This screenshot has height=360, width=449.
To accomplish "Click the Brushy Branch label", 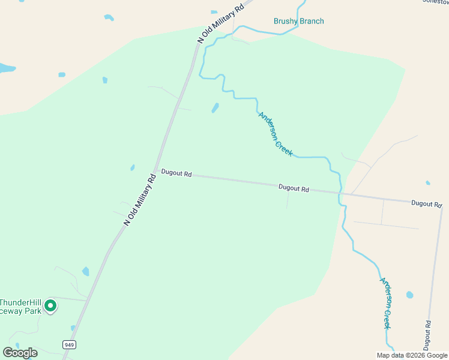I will (x=298, y=22).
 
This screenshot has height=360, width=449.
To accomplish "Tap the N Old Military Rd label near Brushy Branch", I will (x=223, y=22).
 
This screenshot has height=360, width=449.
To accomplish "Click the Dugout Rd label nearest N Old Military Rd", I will (x=176, y=173).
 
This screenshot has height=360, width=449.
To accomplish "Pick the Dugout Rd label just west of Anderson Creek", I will (x=294, y=188).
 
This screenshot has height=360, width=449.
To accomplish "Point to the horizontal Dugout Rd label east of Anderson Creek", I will (x=426, y=204).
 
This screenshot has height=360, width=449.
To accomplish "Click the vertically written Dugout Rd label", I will (x=427, y=335).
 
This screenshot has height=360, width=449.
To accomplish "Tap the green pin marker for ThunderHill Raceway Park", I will (x=51, y=306).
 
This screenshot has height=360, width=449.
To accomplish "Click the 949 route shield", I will (x=69, y=344).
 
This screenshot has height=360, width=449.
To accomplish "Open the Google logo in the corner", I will (x=20, y=353).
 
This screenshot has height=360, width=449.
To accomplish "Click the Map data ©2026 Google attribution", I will (x=412, y=355).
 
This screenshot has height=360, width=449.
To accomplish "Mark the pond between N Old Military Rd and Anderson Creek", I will (x=215, y=108).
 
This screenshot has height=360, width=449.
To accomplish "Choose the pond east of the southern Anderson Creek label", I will (x=410, y=295).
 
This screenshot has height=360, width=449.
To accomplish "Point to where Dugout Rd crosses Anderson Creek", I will (x=340, y=193).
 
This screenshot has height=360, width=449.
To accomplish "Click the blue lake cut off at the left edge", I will (x=5, y=68).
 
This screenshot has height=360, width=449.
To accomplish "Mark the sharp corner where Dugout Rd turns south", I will (x=442, y=206).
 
